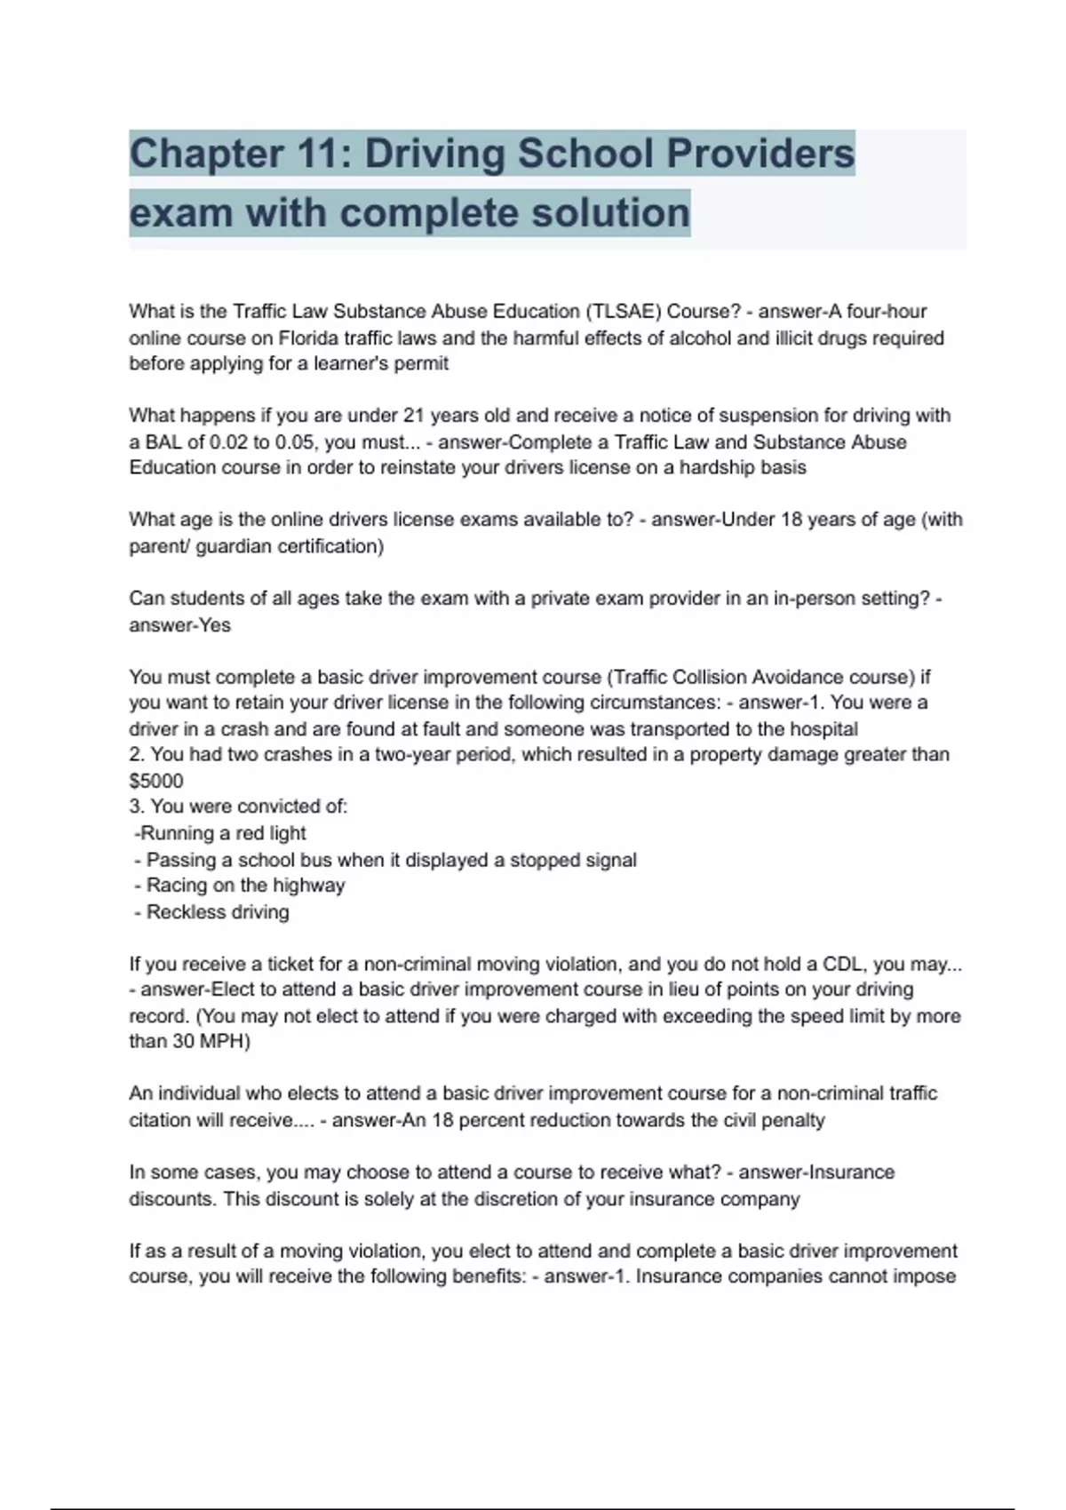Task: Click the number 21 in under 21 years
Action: click(x=414, y=416)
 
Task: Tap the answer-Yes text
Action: click(x=179, y=625)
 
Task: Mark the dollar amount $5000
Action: click(x=156, y=782)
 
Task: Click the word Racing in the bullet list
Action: click(x=177, y=886)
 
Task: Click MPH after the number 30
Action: click(x=223, y=1042)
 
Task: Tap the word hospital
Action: click(x=823, y=730)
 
